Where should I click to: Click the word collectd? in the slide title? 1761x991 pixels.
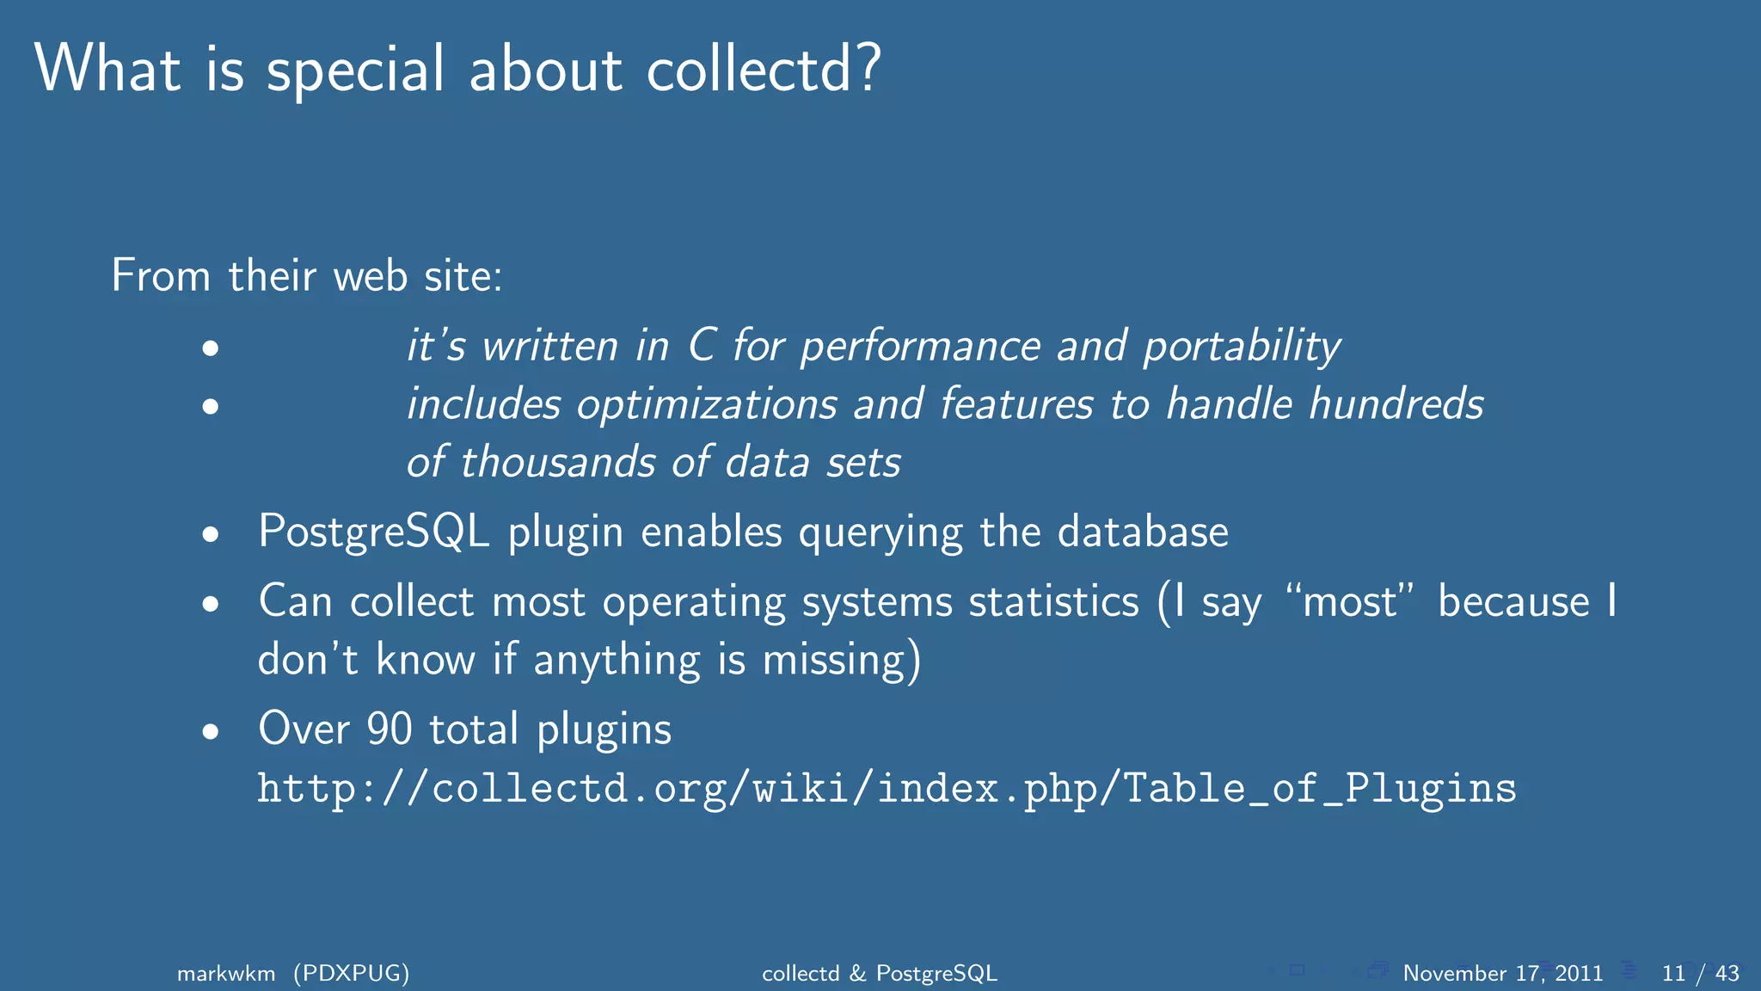(x=764, y=69)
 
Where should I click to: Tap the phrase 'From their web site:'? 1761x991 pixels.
(x=307, y=276)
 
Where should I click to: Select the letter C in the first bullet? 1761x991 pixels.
(x=702, y=346)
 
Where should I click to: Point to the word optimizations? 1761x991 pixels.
(x=707, y=405)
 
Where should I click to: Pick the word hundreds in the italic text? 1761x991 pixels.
(x=1396, y=403)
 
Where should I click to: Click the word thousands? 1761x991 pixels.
(x=559, y=462)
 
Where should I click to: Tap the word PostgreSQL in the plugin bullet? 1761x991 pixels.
(x=374, y=532)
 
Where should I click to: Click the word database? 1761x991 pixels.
(x=1143, y=532)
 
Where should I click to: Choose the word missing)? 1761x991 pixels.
(x=842, y=661)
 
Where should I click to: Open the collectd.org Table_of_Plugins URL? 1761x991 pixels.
(x=887, y=789)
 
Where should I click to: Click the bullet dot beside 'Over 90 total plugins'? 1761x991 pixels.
(x=211, y=732)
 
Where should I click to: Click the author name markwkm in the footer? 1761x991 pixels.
(x=226, y=973)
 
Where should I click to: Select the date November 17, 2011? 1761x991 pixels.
(x=1502, y=973)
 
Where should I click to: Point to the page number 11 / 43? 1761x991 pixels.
(x=1700, y=973)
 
